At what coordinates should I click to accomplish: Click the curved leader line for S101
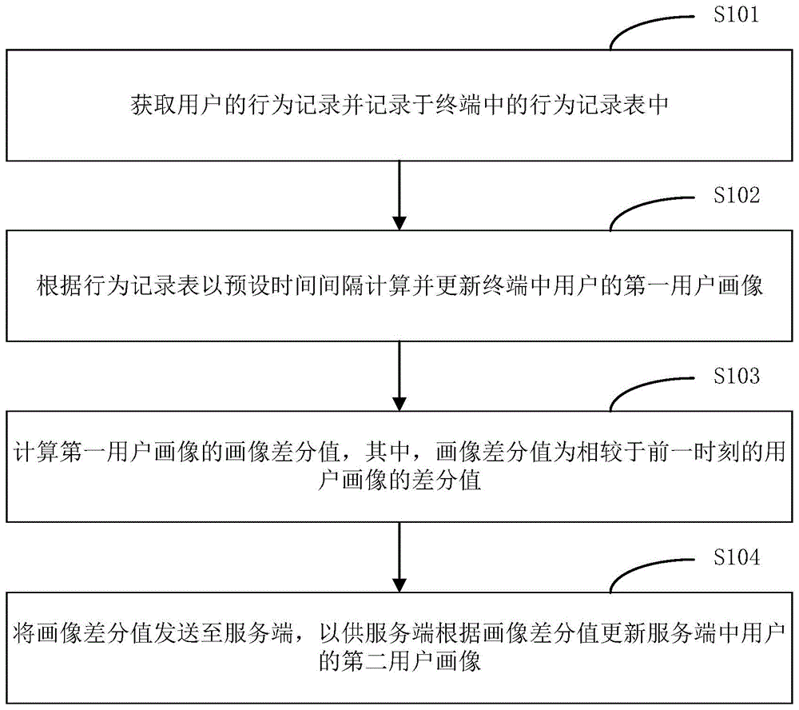click(x=648, y=29)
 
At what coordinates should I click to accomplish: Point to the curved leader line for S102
click(x=648, y=209)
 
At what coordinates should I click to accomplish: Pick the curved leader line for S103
click(x=648, y=390)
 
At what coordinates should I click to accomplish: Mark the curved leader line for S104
click(x=648, y=571)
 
